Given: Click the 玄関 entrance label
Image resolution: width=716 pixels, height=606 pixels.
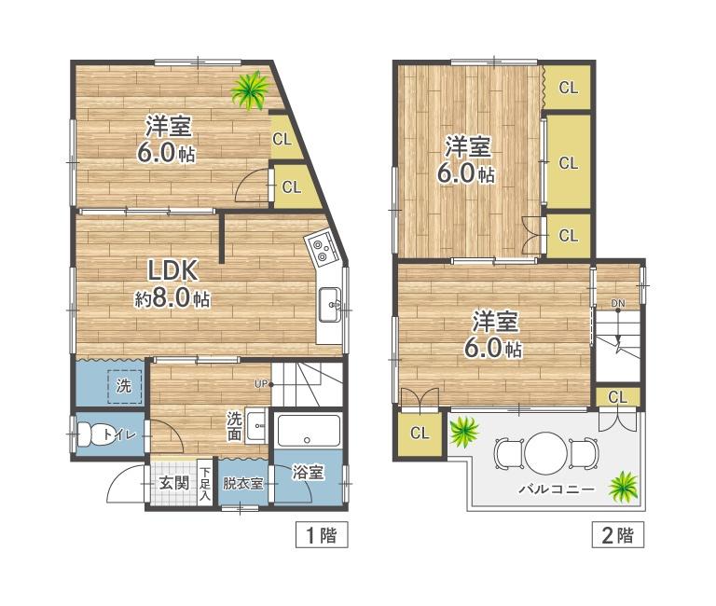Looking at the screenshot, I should coord(172,483).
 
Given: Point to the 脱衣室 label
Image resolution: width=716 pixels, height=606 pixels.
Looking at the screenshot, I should coord(243,484).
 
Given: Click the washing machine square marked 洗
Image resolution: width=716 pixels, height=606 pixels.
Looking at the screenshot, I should coord(124,384).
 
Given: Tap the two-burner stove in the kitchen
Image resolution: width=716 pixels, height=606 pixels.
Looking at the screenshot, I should coord(323,248).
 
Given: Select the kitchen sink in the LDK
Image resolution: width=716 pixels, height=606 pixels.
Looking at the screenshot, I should coord(330,303).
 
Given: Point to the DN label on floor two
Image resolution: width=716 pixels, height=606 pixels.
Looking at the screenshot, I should coord(618,304).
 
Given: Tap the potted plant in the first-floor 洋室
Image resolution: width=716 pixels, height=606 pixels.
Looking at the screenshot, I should coord(250,90).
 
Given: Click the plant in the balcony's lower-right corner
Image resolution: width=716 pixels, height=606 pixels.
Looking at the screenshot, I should coord(622,485).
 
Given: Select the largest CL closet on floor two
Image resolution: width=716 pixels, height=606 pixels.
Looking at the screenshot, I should coord(568,162).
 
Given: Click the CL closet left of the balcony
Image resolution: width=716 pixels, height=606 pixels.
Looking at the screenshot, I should coord(420,434).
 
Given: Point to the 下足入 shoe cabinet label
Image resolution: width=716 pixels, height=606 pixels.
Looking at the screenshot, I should coord(205,483).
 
